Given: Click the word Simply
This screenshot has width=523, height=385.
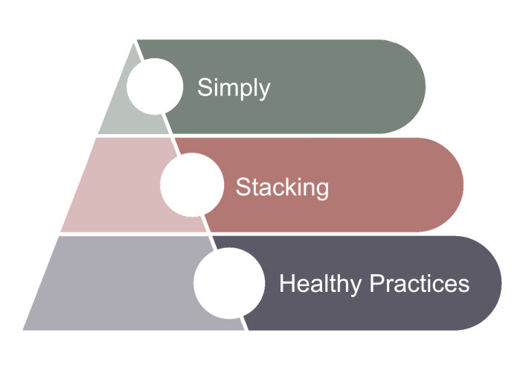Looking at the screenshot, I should [233, 88].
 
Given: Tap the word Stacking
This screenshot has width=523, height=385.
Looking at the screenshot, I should [282, 186].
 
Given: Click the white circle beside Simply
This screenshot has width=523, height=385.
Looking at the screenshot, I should [155, 86].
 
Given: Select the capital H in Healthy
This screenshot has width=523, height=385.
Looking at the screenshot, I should [286, 284].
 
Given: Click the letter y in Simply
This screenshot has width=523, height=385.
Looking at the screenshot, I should [264, 91].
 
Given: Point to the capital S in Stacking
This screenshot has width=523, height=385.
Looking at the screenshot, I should [243, 186].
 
